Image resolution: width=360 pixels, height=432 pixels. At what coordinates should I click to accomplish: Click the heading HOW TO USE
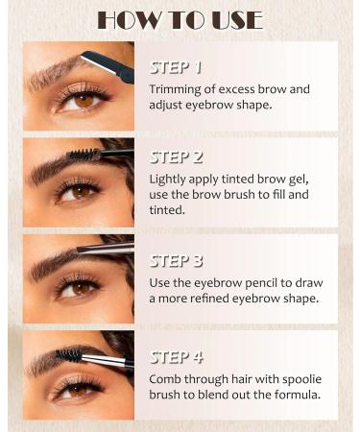180,20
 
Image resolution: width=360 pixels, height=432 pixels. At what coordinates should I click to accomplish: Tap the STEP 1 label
176,68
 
